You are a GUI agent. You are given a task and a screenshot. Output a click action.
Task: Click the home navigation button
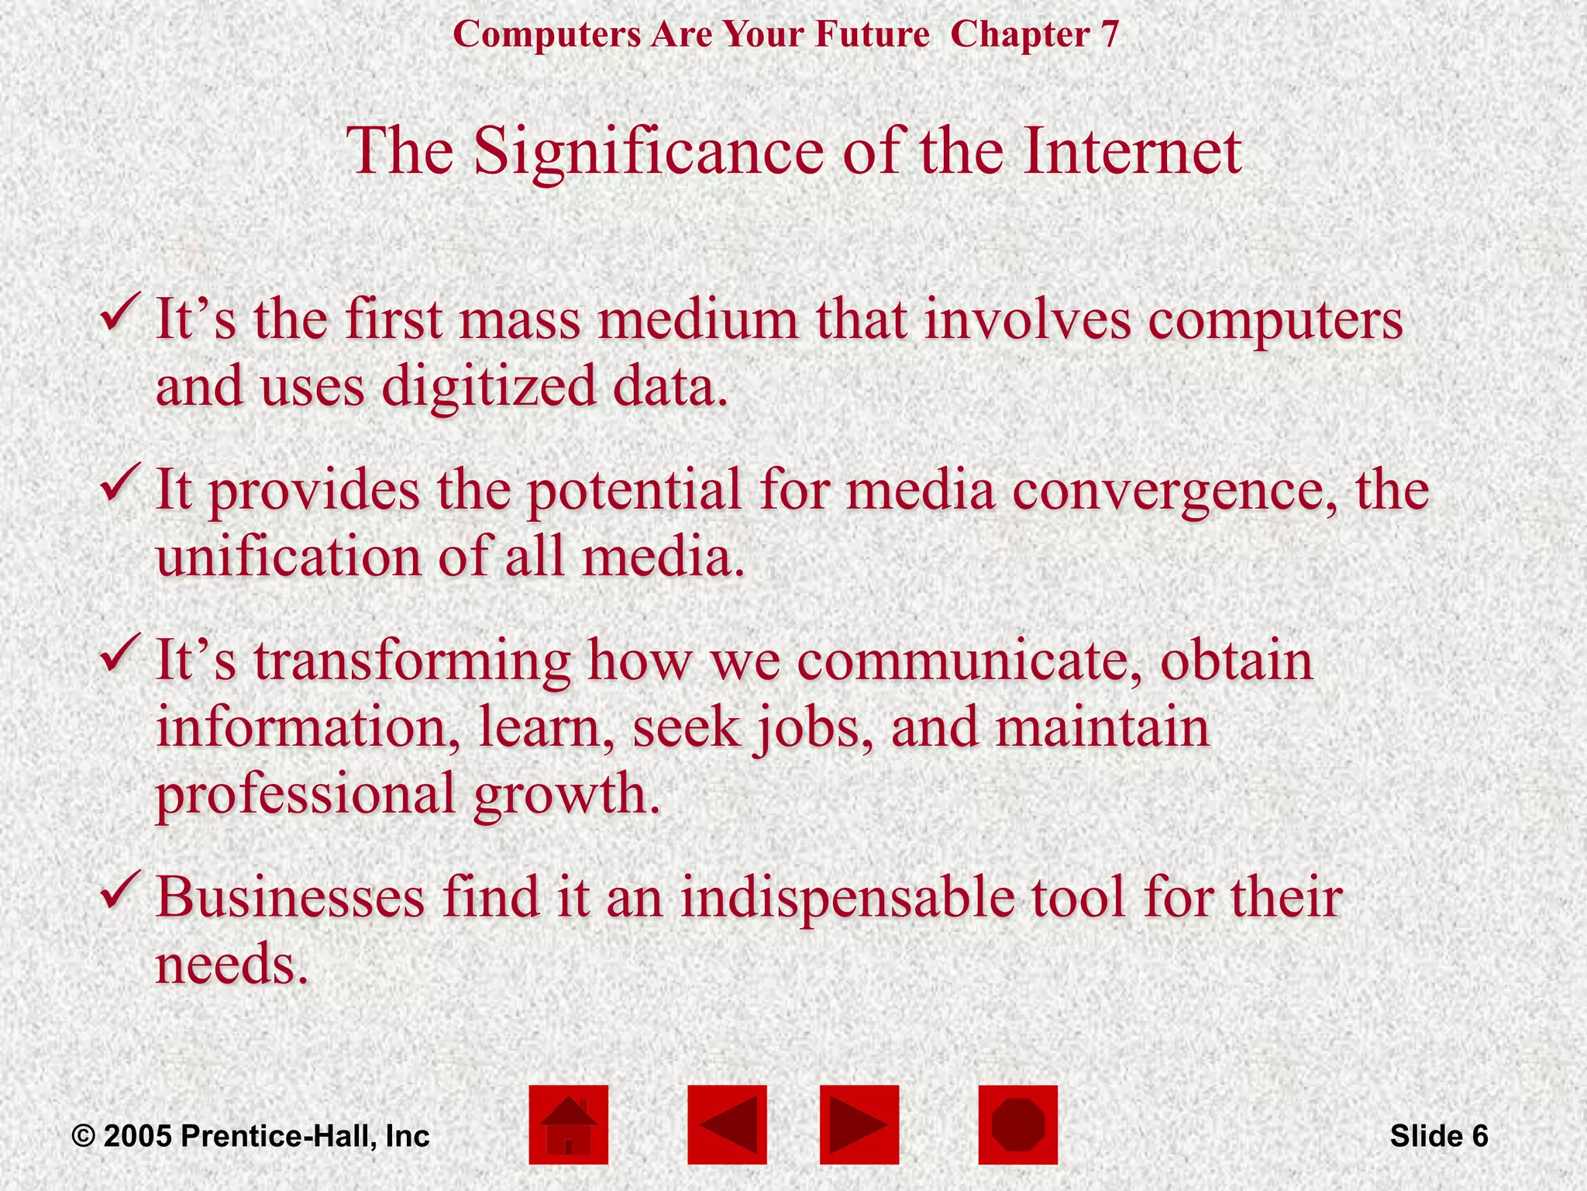coord(568,1124)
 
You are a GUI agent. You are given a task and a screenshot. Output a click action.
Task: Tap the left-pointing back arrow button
coord(727,1124)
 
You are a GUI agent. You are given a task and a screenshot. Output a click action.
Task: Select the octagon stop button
coord(1017,1124)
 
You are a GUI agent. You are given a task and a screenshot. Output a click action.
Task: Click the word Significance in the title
coord(649,151)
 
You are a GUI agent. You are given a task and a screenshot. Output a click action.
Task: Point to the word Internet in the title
coord(1132,151)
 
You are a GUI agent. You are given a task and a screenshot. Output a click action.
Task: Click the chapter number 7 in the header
coord(1110,35)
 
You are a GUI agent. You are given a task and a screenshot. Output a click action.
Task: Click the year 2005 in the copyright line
coord(138,1136)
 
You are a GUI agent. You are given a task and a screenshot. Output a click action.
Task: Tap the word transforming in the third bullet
coord(411,661)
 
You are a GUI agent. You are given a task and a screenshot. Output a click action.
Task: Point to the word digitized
coord(489,386)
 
